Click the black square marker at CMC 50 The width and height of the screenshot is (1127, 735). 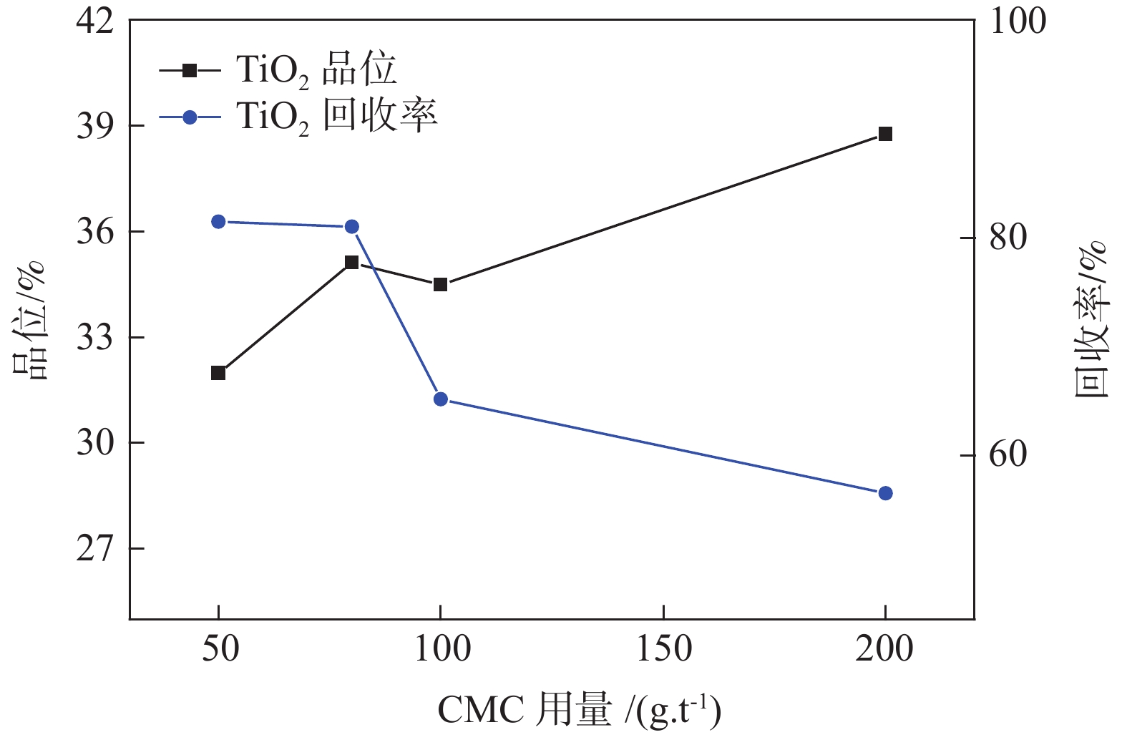tap(218, 373)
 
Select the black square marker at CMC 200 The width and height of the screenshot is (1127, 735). tap(885, 134)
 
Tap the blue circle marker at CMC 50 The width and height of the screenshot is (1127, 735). tap(218, 222)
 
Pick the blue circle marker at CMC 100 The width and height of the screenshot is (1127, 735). tap(441, 399)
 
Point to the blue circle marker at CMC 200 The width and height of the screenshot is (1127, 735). tap(885, 493)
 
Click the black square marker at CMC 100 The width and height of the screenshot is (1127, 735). tap(441, 285)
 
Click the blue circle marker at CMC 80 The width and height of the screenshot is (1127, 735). tap(352, 227)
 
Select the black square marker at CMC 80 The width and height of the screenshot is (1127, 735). tap(352, 263)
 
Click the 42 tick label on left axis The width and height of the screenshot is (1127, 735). tap(95, 21)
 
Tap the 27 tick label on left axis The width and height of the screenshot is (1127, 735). tap(95, 549)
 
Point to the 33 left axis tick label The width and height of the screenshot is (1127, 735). tap(95, 338)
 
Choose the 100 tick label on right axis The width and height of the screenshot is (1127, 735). tap(1017, 21)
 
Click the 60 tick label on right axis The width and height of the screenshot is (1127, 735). tap(1008, 455)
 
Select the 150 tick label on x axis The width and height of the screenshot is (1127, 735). tap(663, 649)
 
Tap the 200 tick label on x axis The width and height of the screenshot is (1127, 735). tap(885, 649)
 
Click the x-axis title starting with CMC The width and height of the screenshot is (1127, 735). tap(579, 710)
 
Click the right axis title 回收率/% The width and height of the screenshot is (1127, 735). tap(1091, 320)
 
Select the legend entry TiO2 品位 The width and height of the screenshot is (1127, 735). tap(316, 71)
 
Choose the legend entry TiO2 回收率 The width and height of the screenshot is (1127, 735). tap(336, 117)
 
